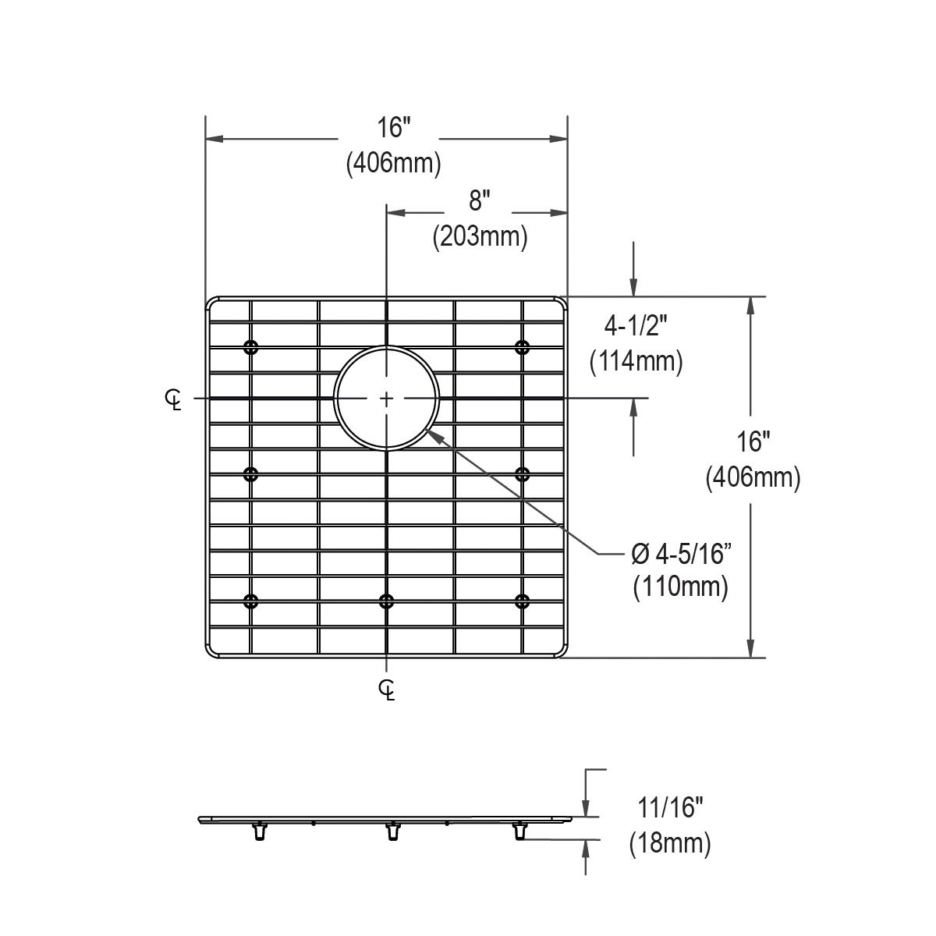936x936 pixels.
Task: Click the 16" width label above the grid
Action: pyautogui.click(x=393, y=126)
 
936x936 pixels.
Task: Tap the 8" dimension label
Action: pyautogui.click(x=478, y=201)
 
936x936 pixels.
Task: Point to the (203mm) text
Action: pyautogui.click(x=480, y=236)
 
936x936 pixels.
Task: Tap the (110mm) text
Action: pyautogui.click(x=680, y=587)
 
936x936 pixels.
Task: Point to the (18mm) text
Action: pyautogui.click(x=669, y=844)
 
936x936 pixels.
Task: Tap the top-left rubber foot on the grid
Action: pyautogui.click(x=250, y=347)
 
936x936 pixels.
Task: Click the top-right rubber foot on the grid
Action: pyautogui.click(x=522, y=347)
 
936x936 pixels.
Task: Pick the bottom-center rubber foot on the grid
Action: pyautogui.click(x=386, y=600)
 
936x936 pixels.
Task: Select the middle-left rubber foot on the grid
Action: pyautogui.click(x=250, y=473)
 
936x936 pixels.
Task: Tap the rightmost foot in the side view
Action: pyautogui.click(x=519, y=831)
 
